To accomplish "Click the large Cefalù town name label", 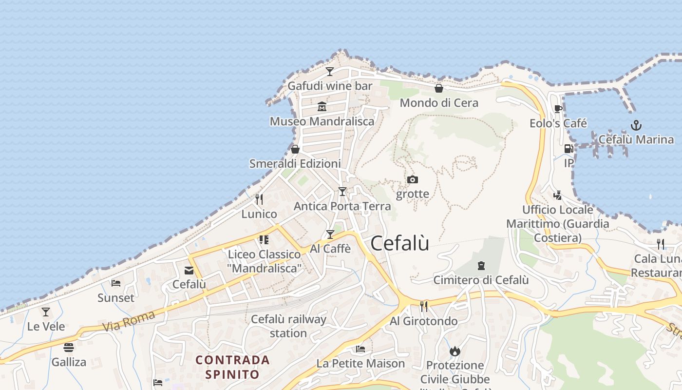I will click(400, 243).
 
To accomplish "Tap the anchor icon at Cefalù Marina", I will click(635, 125).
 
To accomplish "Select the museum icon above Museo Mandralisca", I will click(322, 106).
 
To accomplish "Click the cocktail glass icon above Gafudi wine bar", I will click(330, 72).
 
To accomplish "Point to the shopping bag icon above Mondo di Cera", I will click(438, 88).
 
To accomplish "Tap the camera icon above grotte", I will click(412, 179).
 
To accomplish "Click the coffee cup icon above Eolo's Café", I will click(558, 109).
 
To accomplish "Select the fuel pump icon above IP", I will click(568, 149).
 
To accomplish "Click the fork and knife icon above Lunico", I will click(259, 199).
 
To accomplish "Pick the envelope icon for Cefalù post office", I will click(189, 270).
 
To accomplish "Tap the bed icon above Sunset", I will click(116, 283).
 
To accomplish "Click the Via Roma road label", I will click(129, 321).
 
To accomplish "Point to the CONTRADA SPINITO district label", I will click(232, 367).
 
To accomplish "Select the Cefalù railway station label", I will click(288, 326).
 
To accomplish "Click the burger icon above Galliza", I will click(69, 348).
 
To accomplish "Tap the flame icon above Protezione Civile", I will click(455, 351).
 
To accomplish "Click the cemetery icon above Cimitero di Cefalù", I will click(481, 266).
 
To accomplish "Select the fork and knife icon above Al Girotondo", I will click(424, 306).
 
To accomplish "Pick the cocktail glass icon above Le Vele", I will click(46, 312).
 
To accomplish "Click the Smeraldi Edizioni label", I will click(295, 164).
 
